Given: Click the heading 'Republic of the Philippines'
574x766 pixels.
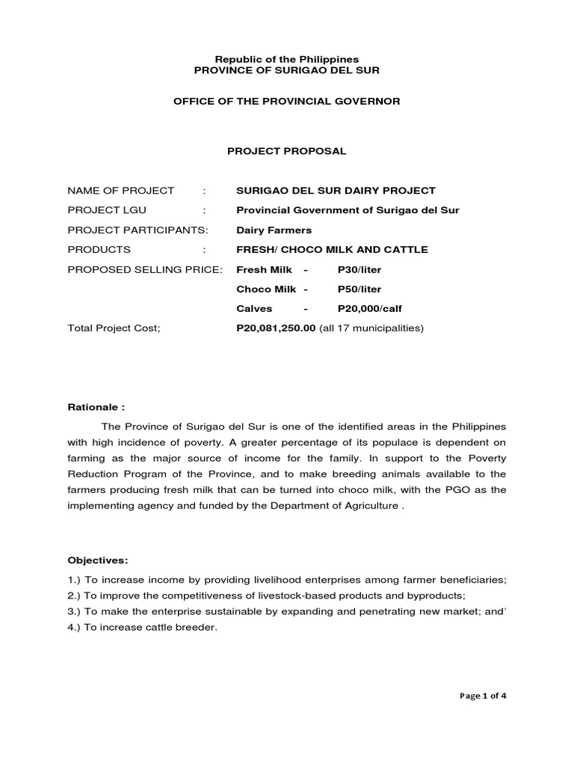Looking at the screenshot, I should point(287,58).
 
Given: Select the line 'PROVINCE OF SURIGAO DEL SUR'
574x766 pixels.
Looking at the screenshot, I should point(287,70).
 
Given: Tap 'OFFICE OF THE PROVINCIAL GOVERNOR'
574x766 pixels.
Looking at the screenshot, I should point(287,101).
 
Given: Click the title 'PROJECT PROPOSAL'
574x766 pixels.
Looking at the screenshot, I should point(287,151).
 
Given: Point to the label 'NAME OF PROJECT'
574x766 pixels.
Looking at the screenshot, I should point(121,191).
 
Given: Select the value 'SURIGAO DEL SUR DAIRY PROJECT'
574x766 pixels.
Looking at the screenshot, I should point(336,191).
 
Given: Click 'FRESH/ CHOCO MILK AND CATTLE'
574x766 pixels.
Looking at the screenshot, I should point(332,249).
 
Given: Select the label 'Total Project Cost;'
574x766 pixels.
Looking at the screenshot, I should point(114,328).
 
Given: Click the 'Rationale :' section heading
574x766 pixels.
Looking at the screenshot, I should point(96,408).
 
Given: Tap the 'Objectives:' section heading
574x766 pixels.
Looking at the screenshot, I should point(98,560).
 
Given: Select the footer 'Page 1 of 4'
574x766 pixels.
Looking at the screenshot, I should point(483,696).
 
